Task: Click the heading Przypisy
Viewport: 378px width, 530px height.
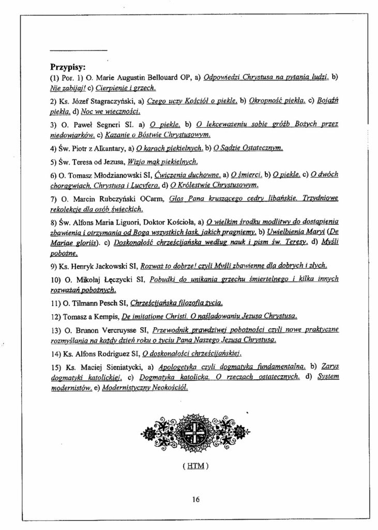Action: point(68,67)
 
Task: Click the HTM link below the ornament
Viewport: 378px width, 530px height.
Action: point(195,465)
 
